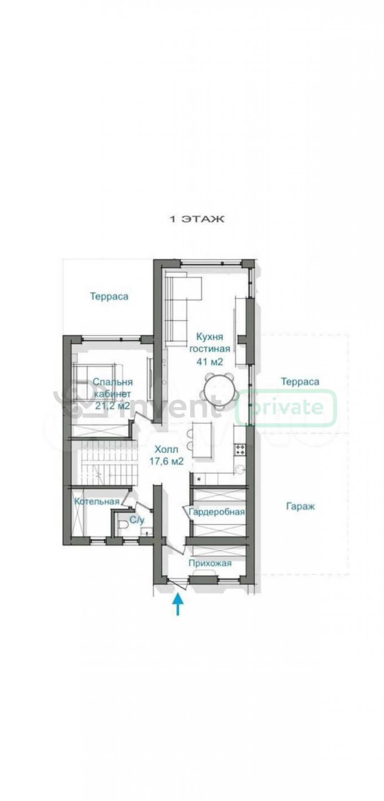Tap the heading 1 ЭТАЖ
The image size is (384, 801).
tap(196, 219)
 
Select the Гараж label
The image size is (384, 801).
tap(300, 507)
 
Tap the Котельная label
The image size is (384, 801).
tap(97, 501)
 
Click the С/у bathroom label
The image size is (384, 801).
tap(137, 520)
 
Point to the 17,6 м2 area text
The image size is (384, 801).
tap(166, 461)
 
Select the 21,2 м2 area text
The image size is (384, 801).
tap(113, 405)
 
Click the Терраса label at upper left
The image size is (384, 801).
tap(109, 296)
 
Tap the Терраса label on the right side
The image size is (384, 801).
tap(300, 382)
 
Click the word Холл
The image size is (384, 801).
tap(166, 449)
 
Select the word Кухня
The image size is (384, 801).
tap(210, 337)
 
